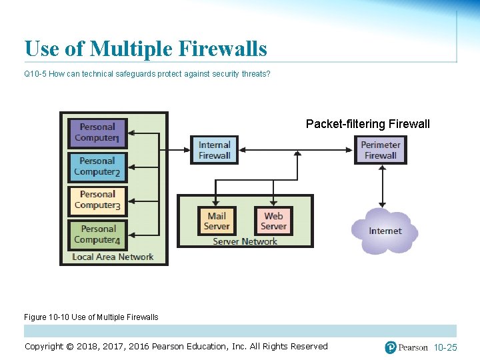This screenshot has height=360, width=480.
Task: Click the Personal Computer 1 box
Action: [97, 132]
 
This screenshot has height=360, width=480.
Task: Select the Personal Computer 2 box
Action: [97, 166]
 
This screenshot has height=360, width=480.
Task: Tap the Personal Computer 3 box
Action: [97, 200]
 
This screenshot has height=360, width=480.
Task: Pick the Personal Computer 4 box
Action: [97, 234]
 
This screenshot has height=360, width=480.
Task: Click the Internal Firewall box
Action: [214, 150]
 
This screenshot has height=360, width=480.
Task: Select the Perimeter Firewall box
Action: [381, 150]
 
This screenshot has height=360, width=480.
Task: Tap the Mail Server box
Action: [217, 221]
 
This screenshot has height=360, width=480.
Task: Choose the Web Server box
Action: [273, 221]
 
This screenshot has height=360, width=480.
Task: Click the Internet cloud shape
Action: [385, 231]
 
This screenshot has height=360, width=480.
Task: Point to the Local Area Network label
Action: [113, 257]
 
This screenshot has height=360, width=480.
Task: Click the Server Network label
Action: [245, 241]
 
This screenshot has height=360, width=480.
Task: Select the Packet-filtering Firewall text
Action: [367, 124]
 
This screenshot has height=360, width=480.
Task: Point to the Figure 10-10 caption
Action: [91, 317]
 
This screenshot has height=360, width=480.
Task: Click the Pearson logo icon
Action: [391, 347]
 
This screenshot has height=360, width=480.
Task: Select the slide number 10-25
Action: [445, 347]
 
